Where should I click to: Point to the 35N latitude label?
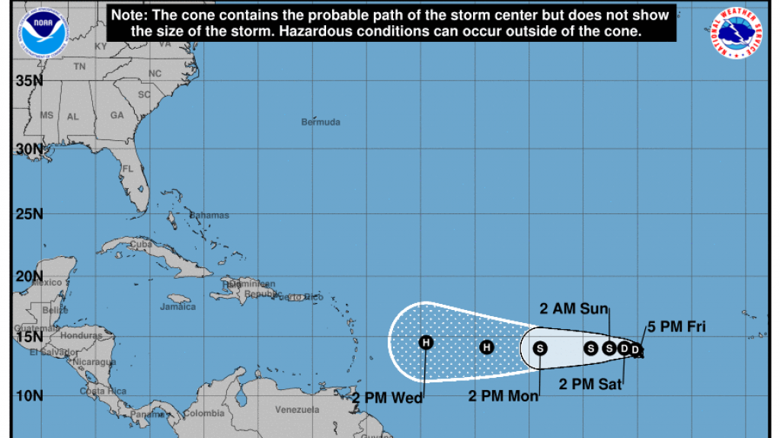[x=30, y=80]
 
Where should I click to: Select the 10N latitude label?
[x=30, y=395]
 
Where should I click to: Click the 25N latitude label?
[x=30, y=213]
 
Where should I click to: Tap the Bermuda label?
[x=321, y=122]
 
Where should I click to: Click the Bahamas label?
[x=209, y=215]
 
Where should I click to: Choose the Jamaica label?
[x=177, y=307]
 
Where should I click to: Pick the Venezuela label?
[x=296, y=410]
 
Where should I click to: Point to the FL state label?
[x=128, y=168]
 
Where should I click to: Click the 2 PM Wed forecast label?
[x=387, y=397]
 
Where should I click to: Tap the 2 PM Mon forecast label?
[x=503, y=396]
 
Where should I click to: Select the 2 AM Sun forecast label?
[x=574, y=309]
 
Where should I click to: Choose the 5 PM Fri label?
[x=676, y=328]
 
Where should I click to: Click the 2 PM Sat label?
[x=590, y=384]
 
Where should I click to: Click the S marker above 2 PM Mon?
[x=540, y=348]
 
